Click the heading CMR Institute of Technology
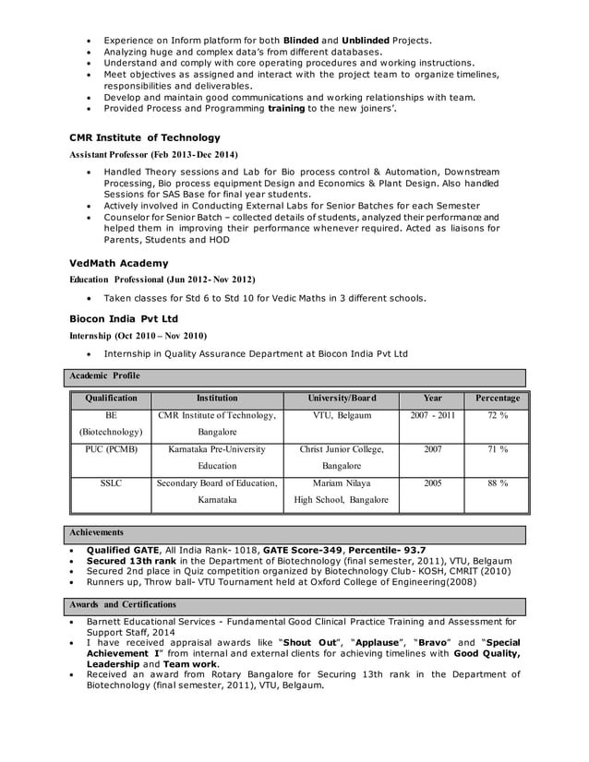tap(145, 137)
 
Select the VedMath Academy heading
tap(119, 263)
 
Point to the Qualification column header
tap(111, 399)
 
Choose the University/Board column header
tap(341, 399)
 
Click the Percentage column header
tap(497, 399)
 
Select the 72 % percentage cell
tap(497, 416)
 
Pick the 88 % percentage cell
tap(497, 482)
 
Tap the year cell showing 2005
tap(432, 482)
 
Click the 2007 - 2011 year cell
tap(432, 416)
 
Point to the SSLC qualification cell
tap(111, 482)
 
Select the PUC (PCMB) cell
tap(111, 449)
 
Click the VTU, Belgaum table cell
tap(341, 416)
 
